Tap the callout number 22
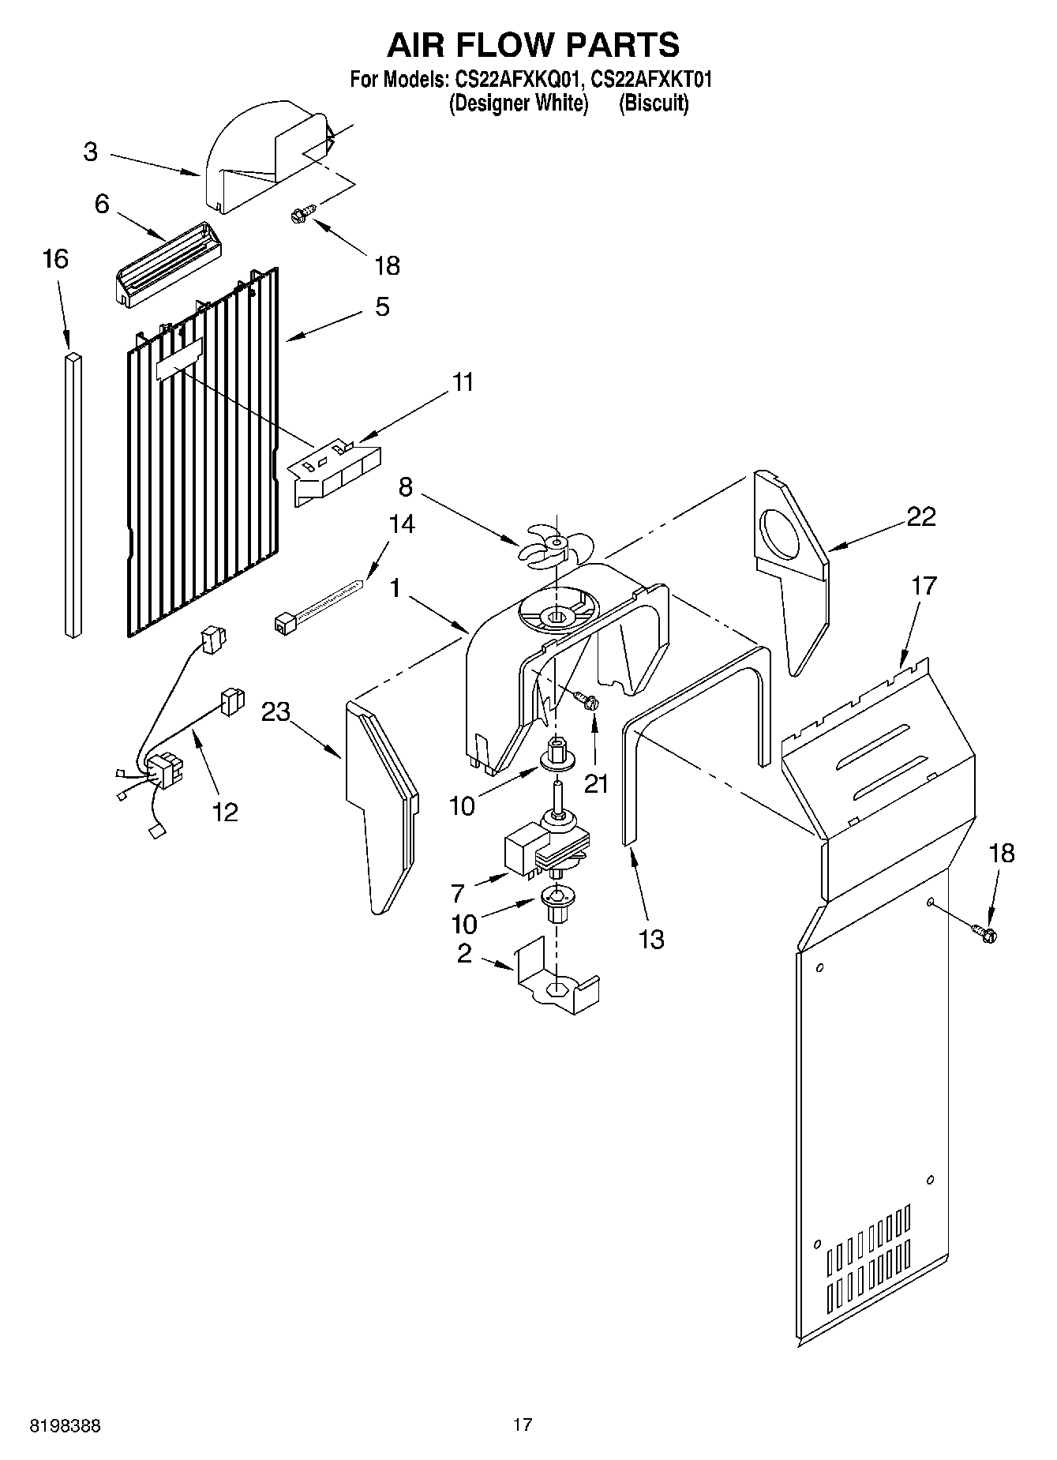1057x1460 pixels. tap(920, 516)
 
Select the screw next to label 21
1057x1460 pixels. tap(587, 699)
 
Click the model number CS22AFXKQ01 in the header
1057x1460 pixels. tap(518, 80)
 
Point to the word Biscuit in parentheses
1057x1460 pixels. tap(654, 103)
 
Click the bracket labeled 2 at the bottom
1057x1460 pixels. tap(556, 979)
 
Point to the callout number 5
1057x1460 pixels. tap(382, 306)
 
